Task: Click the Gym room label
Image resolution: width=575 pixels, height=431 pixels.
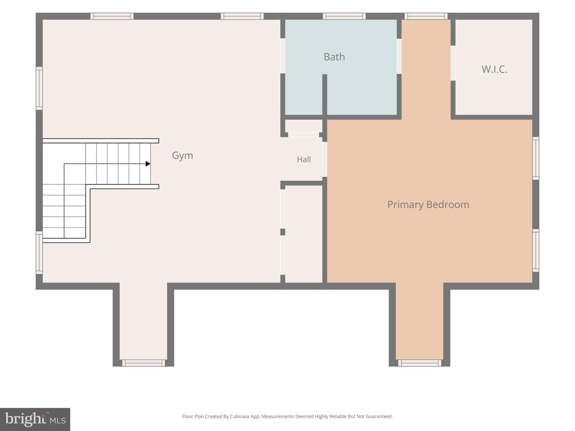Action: pos(182,156)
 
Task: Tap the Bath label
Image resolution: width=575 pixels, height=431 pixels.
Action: pos(334,57)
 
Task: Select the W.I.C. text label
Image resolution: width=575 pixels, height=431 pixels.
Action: pos(494,69)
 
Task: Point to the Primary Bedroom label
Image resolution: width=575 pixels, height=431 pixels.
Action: pos(428,205)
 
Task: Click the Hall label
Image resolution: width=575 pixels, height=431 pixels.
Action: pos(303,159)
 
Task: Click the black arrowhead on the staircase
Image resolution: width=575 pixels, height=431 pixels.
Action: pos(148,164)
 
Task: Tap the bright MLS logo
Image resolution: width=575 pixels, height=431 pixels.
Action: pos(35,419)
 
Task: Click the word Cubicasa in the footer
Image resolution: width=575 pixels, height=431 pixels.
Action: pos(240,416)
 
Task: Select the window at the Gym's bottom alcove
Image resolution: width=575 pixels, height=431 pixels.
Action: pos(144,363)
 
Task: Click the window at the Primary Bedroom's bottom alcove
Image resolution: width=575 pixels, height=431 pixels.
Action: pos(420,363)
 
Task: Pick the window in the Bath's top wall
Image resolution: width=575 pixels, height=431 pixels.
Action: pos(344,16)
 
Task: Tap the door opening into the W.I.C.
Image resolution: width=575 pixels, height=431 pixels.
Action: pos(453,63)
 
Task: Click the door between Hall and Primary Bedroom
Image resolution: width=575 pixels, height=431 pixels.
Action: pos(325,159)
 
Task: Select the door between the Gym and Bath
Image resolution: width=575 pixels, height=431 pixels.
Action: pos(283,56)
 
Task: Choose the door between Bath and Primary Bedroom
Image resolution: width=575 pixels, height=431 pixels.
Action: pos(399,56)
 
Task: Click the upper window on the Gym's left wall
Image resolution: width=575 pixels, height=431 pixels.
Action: pos(39,89)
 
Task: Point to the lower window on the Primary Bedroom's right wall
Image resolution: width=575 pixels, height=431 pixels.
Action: pos(536,251)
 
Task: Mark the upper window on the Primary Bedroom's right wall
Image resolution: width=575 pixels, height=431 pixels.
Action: pos(536,158)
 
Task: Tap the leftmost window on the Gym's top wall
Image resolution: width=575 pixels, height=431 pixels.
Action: pos(112,16)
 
